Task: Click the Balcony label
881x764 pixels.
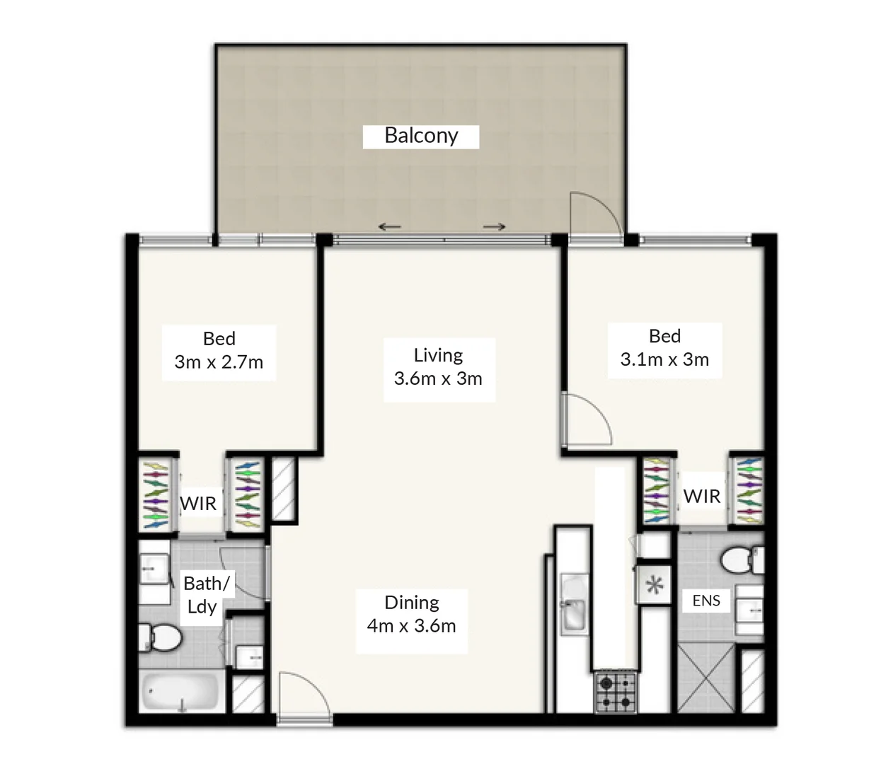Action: pyautogui.click(x=421, y=136)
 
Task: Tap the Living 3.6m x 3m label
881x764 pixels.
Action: pyautogui.click(x=438, y=367)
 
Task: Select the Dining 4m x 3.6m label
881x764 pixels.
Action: pyautogui.click(x=412, y=614)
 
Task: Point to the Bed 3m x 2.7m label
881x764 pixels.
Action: pyautogui.click(x=219, y=351)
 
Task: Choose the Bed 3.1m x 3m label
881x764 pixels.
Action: pyautogui.click(x=664, y=348)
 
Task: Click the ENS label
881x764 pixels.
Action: pyautogui.click(x=706, y=601)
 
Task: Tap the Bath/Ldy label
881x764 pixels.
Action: pyautogui.click(x=205, y=595)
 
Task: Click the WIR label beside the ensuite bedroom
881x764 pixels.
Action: pyautogui.click(x=702, y=497)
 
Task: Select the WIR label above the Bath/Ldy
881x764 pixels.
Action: pyautogui.click(x=198, y=504)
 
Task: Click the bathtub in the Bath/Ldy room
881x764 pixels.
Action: pyautogui.click(x=182, y=691)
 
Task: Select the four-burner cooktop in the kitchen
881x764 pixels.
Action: pyautogui.click(x=616, y=692)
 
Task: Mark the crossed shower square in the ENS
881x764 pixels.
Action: pyautogui.click(x=705, y=678)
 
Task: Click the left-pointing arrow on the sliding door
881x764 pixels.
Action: pyautogui.click(x=389, y=227)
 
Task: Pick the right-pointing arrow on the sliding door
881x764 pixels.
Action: pyautogui.click(x=495, y=227)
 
